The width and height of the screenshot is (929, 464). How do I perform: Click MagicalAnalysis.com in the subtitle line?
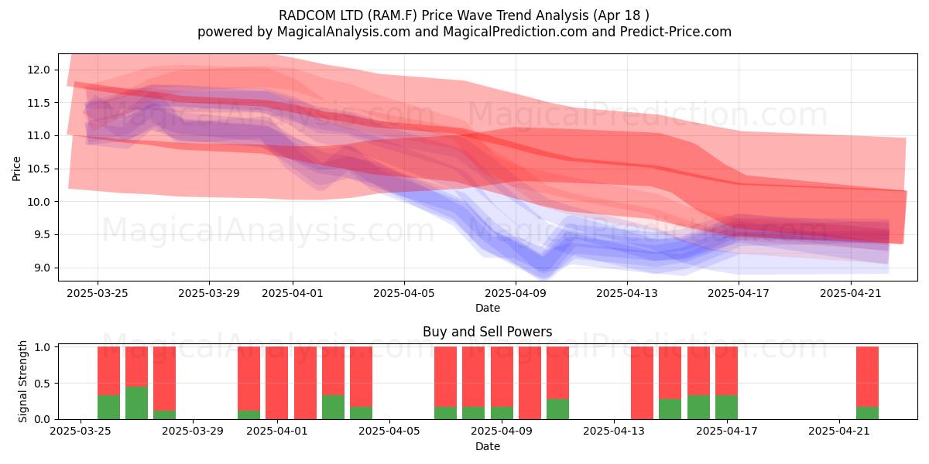coord(344,32)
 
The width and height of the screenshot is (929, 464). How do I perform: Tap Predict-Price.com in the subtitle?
coord(676,32)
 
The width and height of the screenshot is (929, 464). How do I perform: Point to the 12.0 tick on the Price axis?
coord(39,70)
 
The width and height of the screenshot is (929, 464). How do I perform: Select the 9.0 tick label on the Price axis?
coord(41,268)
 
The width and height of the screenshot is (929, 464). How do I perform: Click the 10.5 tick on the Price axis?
coord(39,169)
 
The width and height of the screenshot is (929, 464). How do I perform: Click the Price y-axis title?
coord(16,169)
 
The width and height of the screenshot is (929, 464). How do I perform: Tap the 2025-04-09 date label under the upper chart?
coord(516,293)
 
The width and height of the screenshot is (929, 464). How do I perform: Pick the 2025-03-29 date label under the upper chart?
coord(208,293)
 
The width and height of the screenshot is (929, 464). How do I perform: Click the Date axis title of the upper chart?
coord(487,308)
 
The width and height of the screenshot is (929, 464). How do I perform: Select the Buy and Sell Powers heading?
coord(487,332)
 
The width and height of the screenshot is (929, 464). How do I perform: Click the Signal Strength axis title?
coord(22,381)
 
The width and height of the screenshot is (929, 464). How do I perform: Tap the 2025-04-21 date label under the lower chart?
coord(839,432)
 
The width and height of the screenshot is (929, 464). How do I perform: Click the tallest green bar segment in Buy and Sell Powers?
coord(136,403)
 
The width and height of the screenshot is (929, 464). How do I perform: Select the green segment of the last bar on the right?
coord(867,413)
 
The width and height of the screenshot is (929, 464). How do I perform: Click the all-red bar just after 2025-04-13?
coord(642,383)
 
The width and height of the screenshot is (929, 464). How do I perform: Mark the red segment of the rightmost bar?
coord(867,377)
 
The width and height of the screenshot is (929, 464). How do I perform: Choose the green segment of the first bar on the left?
coord(108,408)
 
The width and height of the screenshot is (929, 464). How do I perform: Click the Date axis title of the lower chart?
coord(487,446)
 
